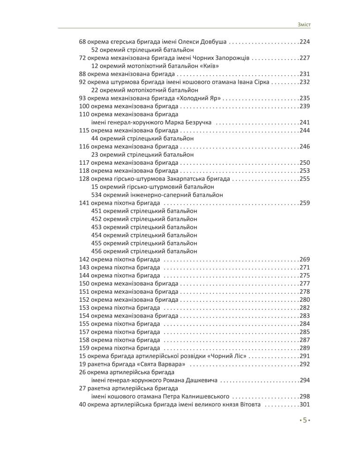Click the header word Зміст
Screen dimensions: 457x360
(304, 24)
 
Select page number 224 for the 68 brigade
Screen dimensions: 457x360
(305, 42)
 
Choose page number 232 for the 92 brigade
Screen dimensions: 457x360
(305, 82)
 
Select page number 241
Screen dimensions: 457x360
(305, 122)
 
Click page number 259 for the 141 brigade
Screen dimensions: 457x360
(305, 203)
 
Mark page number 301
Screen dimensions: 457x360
(305, 404)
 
